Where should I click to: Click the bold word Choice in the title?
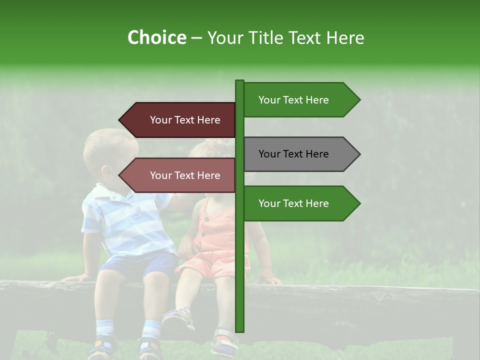point(156,37)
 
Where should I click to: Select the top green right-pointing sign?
point(300,100)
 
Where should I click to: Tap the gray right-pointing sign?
point(300,154)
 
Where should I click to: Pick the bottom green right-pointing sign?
point(300,203)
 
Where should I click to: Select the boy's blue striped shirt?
point(125,220)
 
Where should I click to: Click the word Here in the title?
point(345,37)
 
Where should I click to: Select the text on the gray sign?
point(293,154)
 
